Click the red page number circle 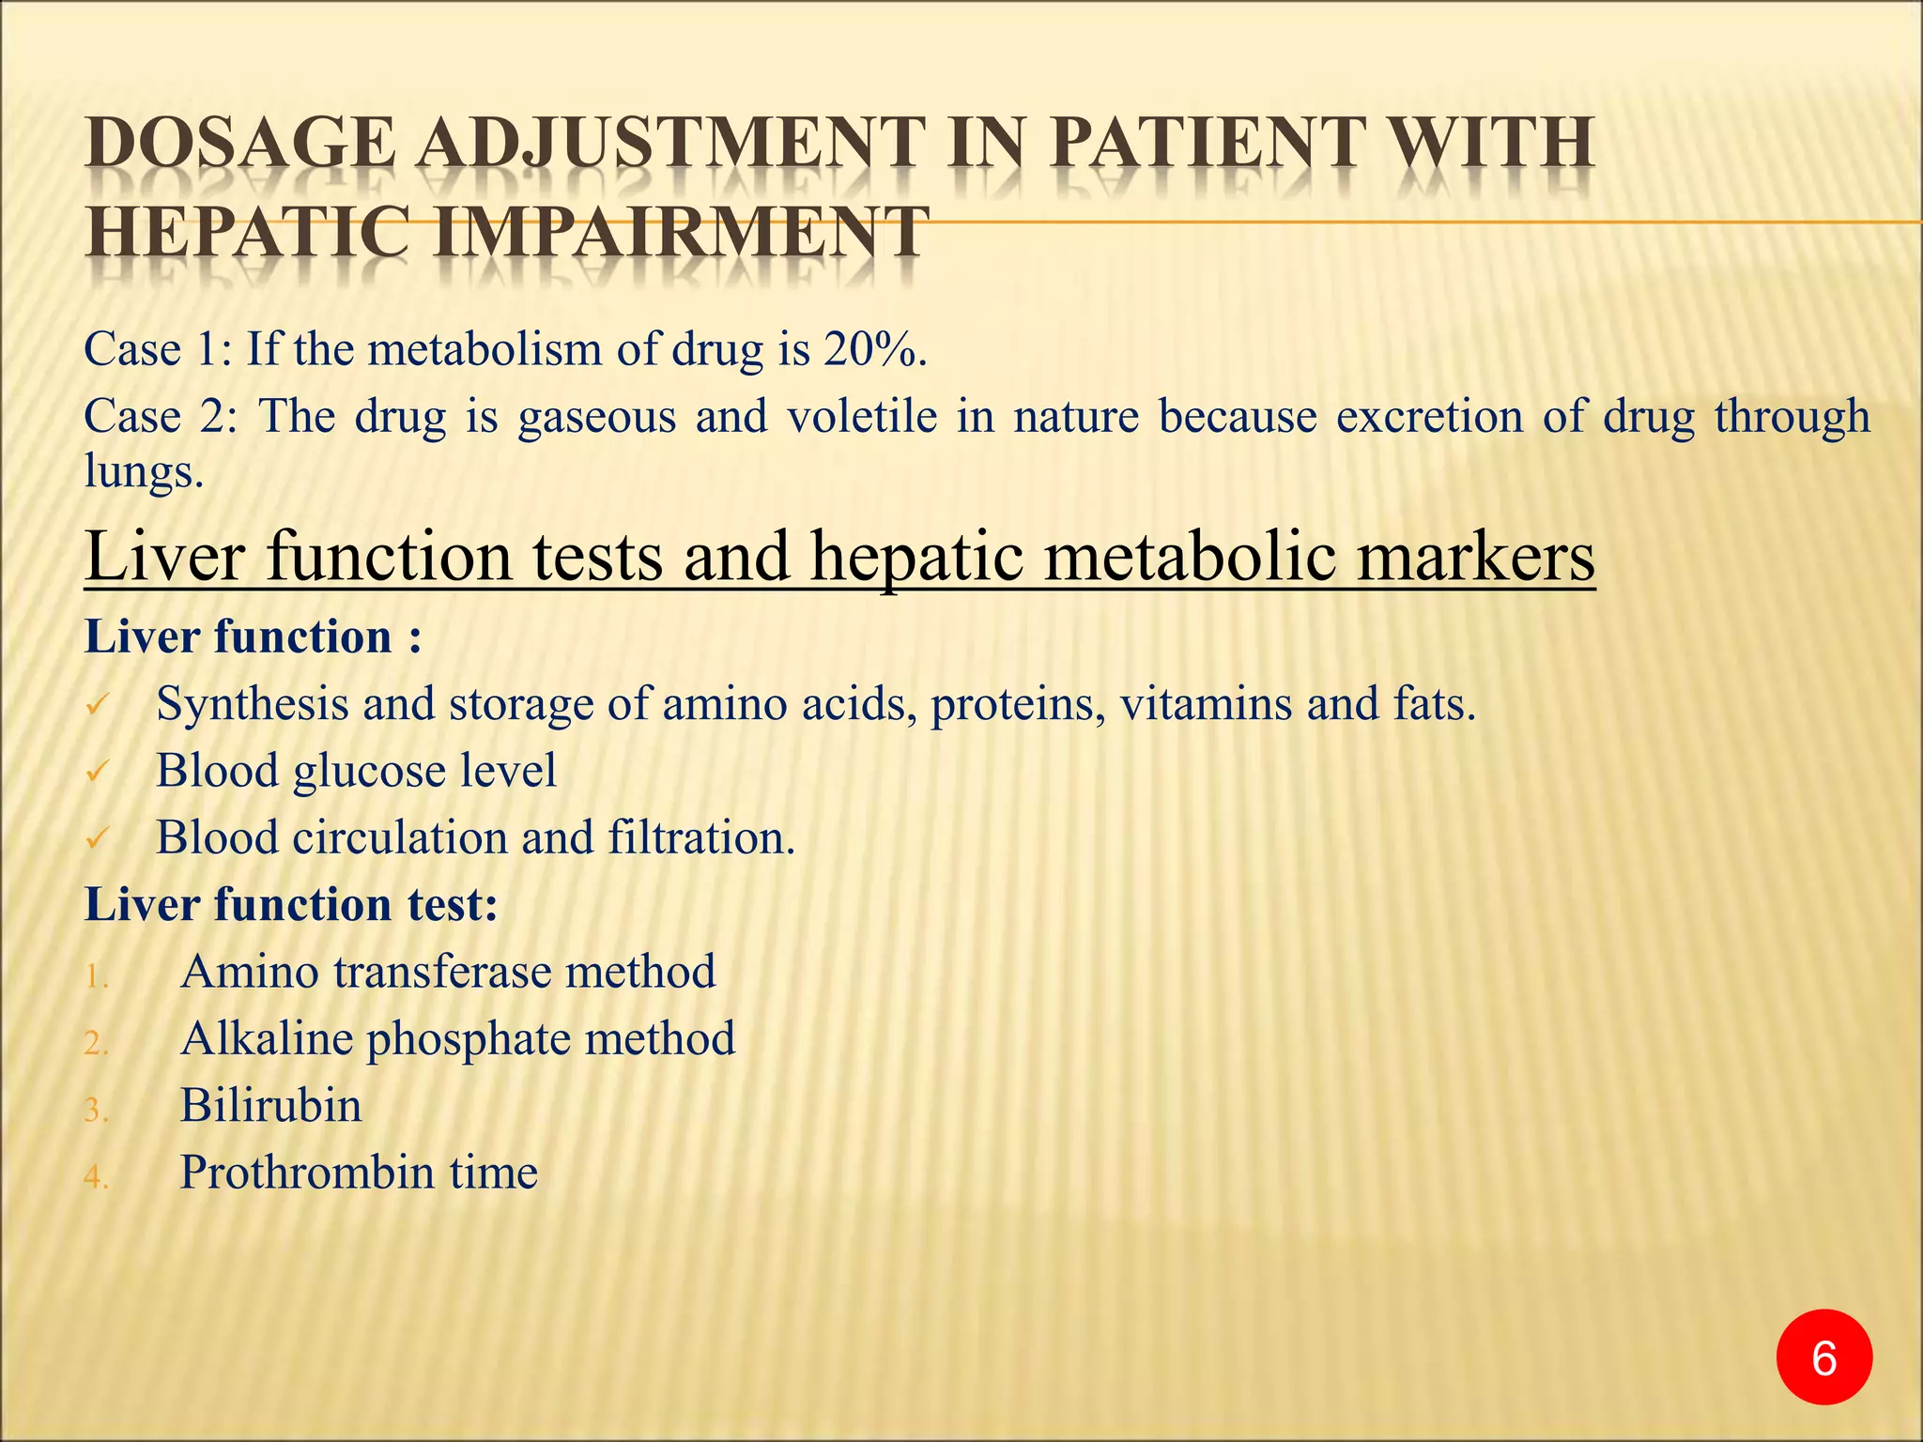pos(1823,1358)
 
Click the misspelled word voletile pos(862,415)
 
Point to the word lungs pos(143,471)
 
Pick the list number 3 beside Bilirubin pos(97,1111)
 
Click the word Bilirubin pos(270,1105)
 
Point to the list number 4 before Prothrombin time pos(97,1177)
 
